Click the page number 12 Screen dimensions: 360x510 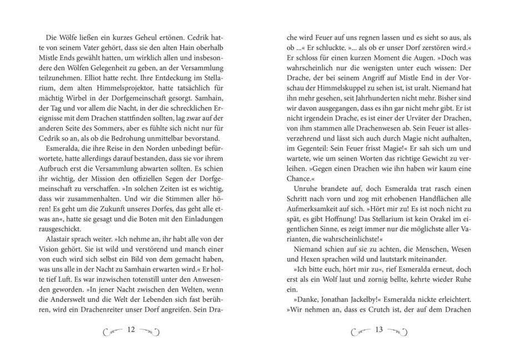pos(131,329)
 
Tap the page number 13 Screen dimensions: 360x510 pos(379,329)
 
